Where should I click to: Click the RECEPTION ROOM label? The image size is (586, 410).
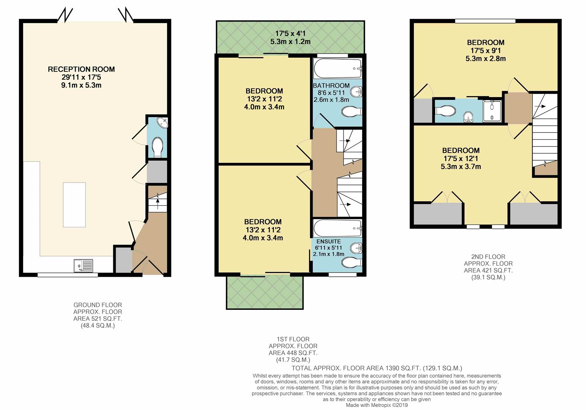tap(81, 69)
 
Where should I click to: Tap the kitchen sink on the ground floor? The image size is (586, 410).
tap(83, 265)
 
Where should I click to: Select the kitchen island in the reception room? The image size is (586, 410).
tap(74, 204)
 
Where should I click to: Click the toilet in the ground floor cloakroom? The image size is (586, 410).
tap(157, 147)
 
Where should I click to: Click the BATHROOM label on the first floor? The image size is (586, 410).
tap(331, 85)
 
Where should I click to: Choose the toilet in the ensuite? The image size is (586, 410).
tap(352, 262)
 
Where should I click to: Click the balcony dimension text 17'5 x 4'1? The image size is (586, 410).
tap(290, 33)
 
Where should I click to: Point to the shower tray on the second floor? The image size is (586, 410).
tap(492, 110)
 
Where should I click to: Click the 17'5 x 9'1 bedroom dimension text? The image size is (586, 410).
tap(485, 50)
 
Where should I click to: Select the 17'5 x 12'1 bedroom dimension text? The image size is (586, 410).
tap(461, 158)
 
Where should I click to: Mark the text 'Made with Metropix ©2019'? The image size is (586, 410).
tap(376, 405)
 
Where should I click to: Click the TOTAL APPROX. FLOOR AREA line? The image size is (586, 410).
tap(376, 368)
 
